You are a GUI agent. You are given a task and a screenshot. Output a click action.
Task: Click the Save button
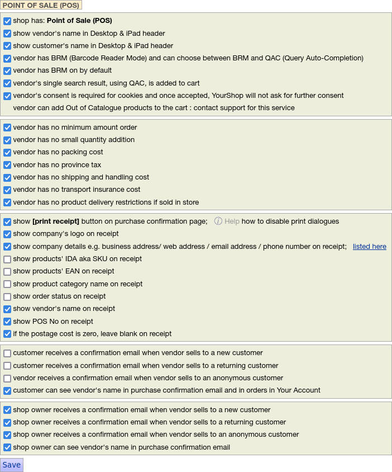[x=12, y=465]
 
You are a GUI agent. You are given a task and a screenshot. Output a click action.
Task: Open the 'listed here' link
[x=369, y=247]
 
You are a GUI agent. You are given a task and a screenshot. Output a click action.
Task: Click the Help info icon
[x=218, y=221]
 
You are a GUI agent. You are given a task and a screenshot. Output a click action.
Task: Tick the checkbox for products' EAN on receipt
[x=7, y=272]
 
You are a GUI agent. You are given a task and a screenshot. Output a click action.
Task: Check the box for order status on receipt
[x=7, y=297]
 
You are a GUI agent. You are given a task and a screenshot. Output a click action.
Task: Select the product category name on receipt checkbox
[x=7, y=284]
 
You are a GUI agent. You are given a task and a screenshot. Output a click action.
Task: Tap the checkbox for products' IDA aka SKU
[x=7, y=259]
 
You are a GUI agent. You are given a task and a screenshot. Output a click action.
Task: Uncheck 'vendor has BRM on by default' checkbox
[x=7, y=71]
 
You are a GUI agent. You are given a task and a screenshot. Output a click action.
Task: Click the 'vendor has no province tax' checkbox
[x=7, y=166]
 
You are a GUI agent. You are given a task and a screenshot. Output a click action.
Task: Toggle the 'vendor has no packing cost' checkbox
[x=7, y=153]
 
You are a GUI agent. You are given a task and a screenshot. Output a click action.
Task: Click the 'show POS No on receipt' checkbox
[x=7, y=322]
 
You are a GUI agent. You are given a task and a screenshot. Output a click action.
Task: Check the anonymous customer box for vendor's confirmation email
[x=7, y=379]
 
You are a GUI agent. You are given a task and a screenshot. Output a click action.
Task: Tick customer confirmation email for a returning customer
[x=7, y=366]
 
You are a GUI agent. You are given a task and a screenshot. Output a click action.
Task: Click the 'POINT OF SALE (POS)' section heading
[x=41, y=5]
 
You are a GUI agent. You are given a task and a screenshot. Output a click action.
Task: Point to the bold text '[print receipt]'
[x=56, y=221]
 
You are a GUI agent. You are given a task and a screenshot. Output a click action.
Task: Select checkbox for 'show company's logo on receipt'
[x=7, y=234]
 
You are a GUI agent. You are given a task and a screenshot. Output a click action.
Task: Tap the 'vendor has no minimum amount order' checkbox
[x=7, y=128]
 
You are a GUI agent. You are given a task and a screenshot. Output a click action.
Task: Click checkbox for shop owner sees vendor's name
[x=7, y=447]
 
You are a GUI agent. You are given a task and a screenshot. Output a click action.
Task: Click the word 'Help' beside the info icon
[x=232, y=221]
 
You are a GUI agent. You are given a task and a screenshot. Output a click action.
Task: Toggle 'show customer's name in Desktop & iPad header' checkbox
[x=7, y=46]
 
